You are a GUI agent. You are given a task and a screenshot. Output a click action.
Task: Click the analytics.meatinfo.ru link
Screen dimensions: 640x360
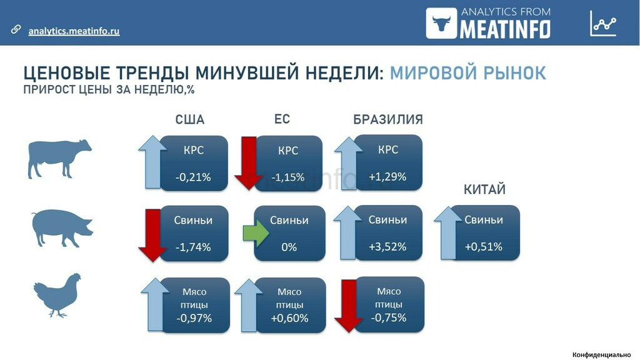(x=74, y=31)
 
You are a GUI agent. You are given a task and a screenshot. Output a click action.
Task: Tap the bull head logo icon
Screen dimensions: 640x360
(x=441, y=23)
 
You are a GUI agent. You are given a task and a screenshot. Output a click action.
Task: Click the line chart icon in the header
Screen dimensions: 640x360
(x=603, y=23)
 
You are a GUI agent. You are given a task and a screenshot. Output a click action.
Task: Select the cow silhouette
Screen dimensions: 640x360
(x=59, y=159)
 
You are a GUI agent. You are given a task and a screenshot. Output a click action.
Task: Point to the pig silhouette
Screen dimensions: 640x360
(x=62, y=227)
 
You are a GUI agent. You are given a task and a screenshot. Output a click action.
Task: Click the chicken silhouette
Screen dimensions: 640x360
(x=57, y=296)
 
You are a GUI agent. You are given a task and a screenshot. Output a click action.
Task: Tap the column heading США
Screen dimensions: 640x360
(x=190, y=119)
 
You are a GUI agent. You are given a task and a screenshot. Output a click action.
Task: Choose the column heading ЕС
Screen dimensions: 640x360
(x=282, y=119)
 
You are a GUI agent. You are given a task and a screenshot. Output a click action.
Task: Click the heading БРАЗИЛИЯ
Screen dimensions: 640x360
(x=387, y=119)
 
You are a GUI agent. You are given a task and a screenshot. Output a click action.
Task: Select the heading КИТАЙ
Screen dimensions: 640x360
(x=484, y=189)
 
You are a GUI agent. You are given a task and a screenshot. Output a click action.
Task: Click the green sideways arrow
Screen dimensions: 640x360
(x=256, y=233)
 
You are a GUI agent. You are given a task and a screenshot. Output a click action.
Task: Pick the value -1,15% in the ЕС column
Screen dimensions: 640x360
(x=288, y=177)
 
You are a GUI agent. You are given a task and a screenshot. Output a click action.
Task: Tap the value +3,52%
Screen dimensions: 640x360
(x=387, y=247)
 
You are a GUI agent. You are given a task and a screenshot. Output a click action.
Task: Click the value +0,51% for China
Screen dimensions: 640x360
(x=484, y=247)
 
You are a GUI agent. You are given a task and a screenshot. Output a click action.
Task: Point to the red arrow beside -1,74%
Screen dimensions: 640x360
(x=152, y=236)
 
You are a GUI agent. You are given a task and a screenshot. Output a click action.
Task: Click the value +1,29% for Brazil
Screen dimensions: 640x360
(x=387, y=177)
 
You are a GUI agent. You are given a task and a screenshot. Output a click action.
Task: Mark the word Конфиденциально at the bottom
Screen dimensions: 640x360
(x=602, y=355)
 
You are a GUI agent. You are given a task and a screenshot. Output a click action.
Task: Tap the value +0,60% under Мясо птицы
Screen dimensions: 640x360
(x=289, y=318)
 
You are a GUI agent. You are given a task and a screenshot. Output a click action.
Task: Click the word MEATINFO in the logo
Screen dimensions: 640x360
(x=505, y=29)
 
